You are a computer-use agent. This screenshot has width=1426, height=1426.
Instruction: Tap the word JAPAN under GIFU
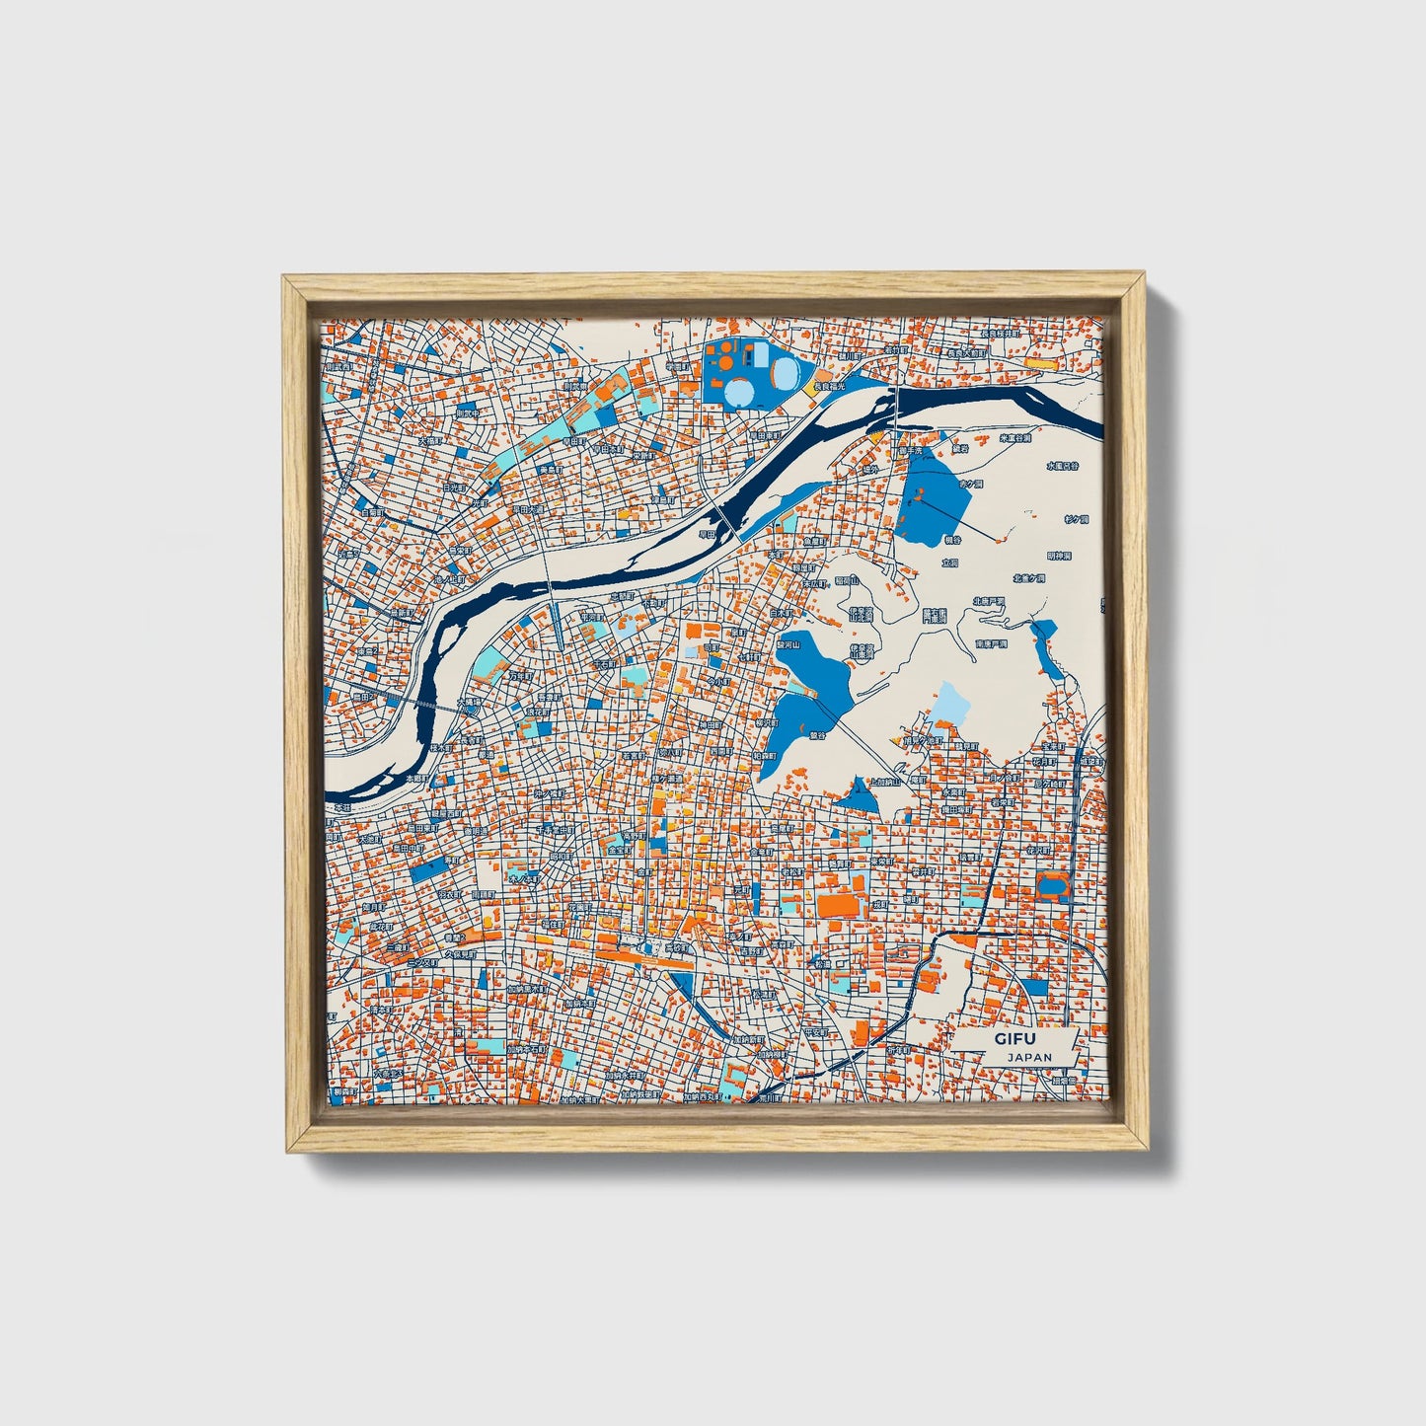1029,1056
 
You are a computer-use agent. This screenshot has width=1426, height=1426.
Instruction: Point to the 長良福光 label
830,386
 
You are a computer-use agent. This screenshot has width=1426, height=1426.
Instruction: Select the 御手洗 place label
909,451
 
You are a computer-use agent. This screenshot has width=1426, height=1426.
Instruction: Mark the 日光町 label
453,487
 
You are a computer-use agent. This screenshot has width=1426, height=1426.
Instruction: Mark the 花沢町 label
1037,849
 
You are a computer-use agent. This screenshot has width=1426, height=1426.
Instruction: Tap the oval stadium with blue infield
1052,885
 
